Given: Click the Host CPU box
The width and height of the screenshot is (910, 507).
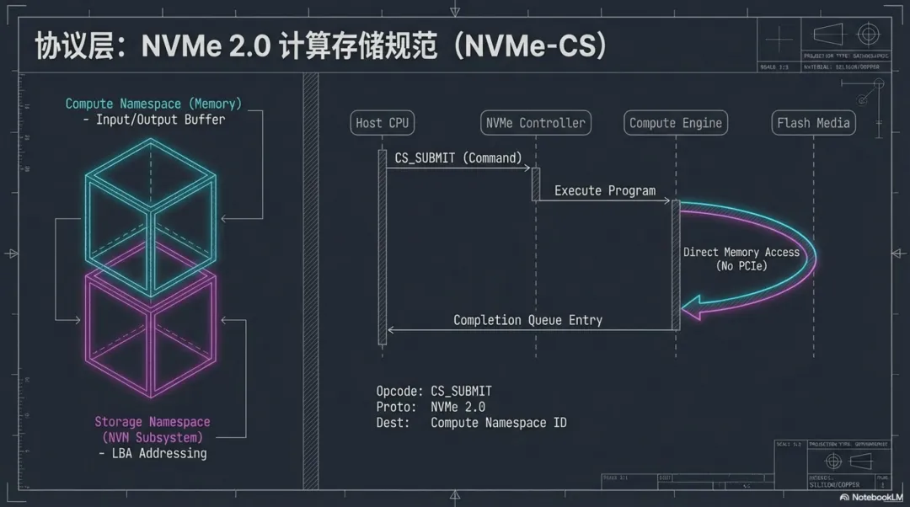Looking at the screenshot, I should [382, 123].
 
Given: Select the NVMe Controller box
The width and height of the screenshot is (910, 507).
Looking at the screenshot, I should [536, 123].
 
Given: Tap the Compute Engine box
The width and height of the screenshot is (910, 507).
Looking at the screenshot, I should [676, 123].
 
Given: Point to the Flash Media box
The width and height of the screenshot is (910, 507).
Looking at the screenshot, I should [813, 123].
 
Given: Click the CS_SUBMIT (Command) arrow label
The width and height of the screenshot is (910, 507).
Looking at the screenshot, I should [458, 157].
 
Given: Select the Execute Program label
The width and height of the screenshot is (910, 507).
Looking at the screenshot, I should [604, 190].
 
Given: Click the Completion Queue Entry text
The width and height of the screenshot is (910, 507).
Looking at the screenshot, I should [527, 320].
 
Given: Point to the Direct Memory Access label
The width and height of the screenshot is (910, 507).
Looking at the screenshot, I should [741, 253].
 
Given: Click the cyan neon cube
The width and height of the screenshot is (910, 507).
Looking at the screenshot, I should [151, 210].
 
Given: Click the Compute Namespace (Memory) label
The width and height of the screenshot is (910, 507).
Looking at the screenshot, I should [153, 104].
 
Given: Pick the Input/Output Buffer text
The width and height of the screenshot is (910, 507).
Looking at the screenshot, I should [160, 120].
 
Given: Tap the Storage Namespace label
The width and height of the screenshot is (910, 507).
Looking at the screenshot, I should [153, 422].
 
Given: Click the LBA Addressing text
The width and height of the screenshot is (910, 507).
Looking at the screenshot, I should [152, 453].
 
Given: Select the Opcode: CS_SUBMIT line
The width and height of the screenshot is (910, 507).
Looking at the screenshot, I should [433, 391].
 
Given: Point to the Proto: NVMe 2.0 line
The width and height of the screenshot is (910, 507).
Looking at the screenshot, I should [430, 407].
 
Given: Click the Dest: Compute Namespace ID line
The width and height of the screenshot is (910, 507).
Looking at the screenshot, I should [471, 422].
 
